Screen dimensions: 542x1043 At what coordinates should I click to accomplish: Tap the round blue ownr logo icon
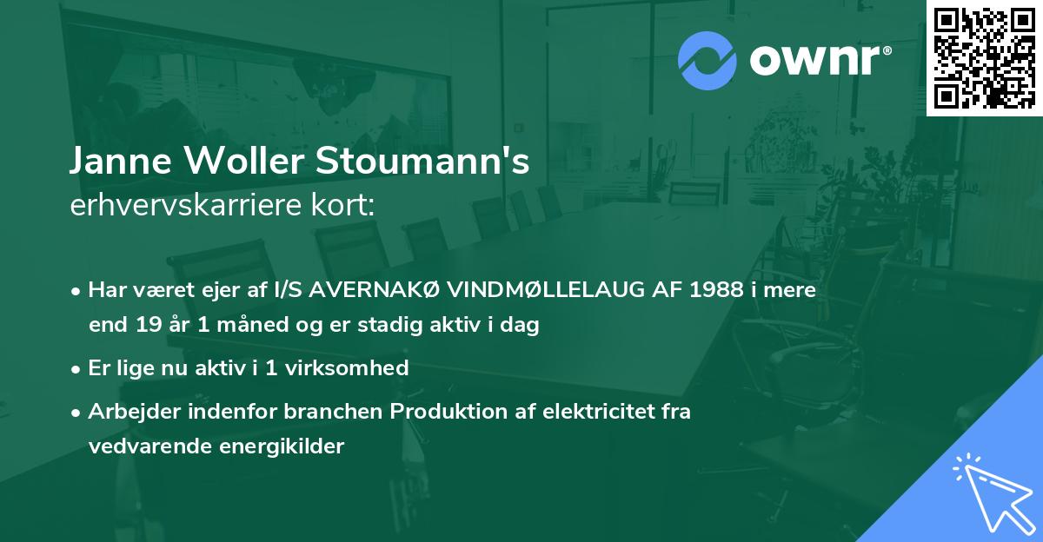click(707, 60)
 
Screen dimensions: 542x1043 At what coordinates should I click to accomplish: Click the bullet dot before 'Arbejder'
click(77, 412)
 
